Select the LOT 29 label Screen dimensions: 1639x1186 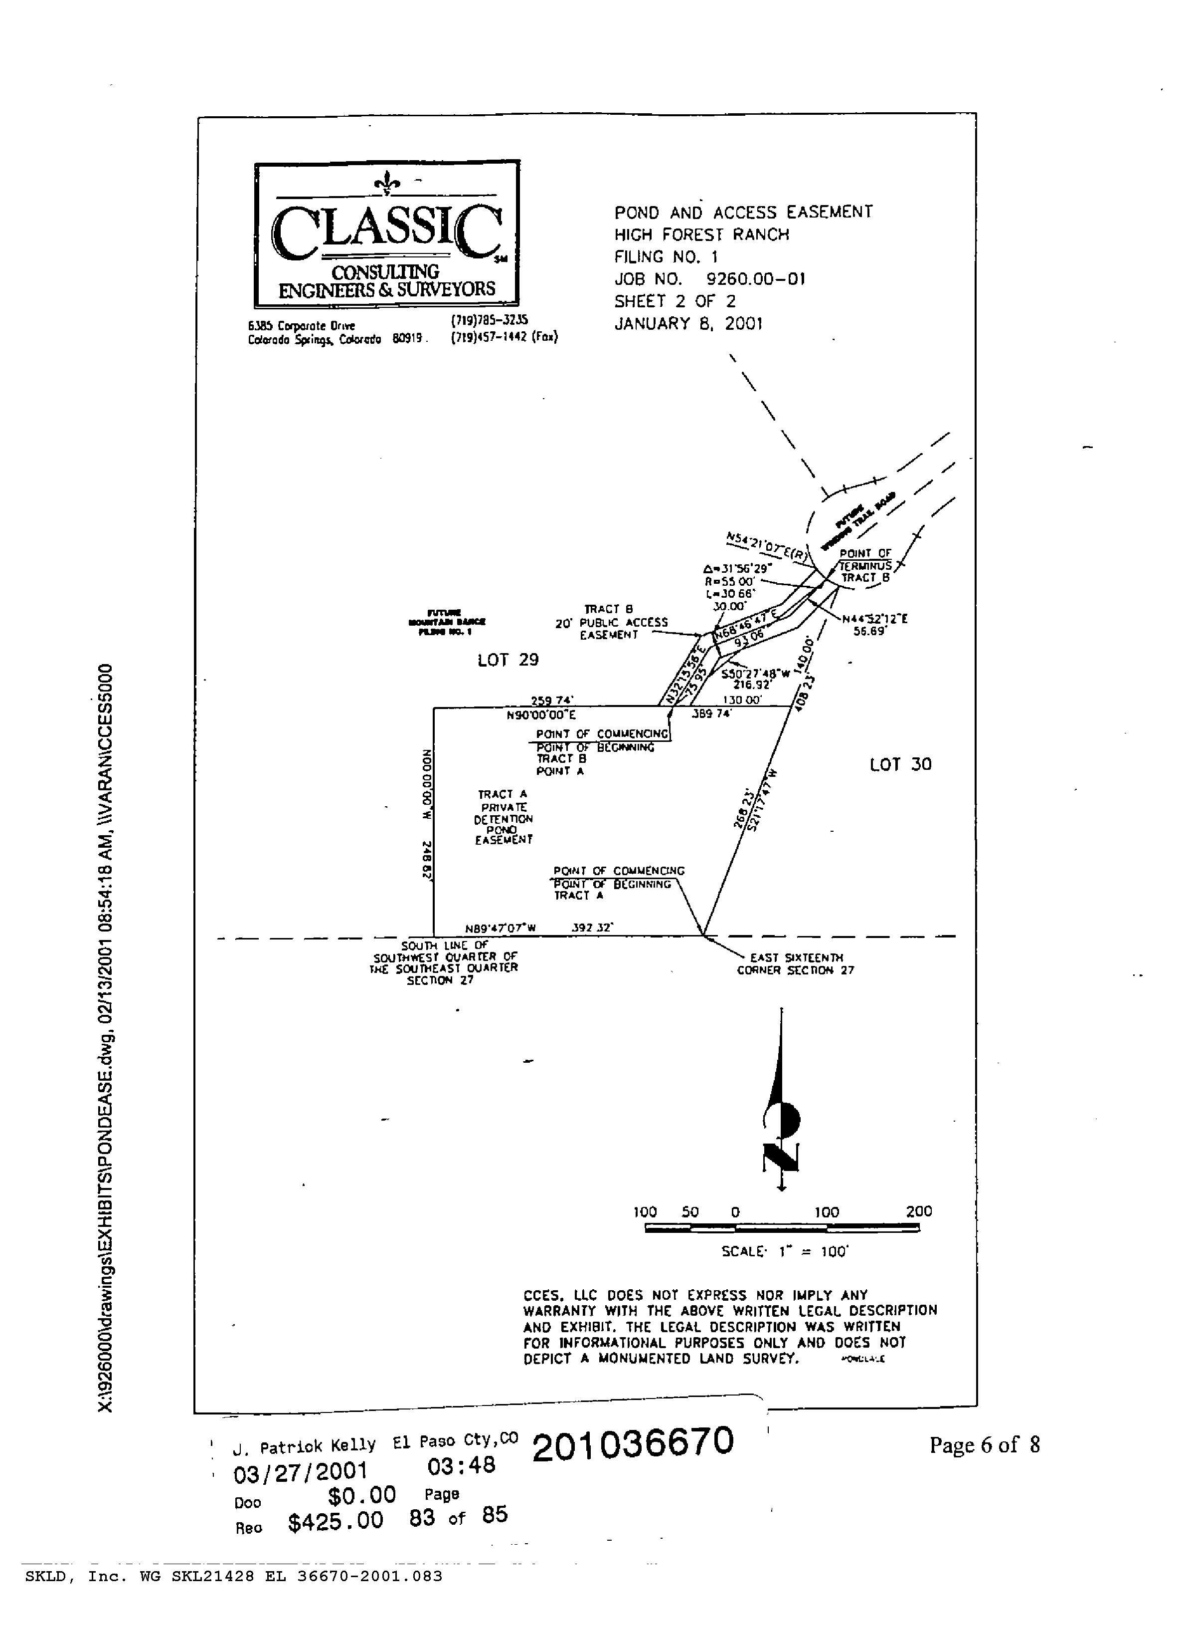(508, 660)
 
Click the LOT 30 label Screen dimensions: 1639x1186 (900, 764)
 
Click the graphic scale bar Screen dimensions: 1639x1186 (782, 1228)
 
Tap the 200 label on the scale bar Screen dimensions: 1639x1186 (919, 1211)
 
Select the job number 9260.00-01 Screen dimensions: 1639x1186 (755, 279)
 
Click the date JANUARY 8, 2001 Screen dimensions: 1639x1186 (688, 324)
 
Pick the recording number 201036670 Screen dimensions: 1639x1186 (633, 1443)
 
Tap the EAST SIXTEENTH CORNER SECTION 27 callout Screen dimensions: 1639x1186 (795, 964)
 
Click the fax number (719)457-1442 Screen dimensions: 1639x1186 (504, 337)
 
